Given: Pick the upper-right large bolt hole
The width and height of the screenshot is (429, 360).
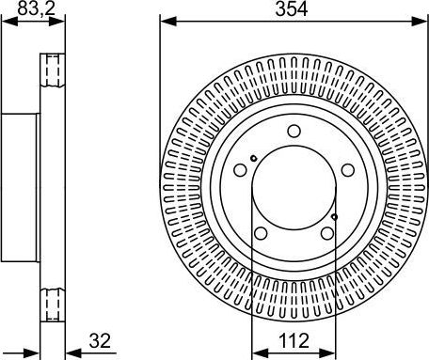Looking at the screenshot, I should (x=349, y=171).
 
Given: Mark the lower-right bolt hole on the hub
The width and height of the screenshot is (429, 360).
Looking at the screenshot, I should (x=328, y=236).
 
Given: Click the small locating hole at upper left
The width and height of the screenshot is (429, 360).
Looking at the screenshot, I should (x=254, y=157).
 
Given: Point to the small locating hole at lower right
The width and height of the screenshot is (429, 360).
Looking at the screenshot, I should (x=334, y=217).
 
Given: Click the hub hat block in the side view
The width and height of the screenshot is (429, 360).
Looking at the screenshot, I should (x=20, y=187).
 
